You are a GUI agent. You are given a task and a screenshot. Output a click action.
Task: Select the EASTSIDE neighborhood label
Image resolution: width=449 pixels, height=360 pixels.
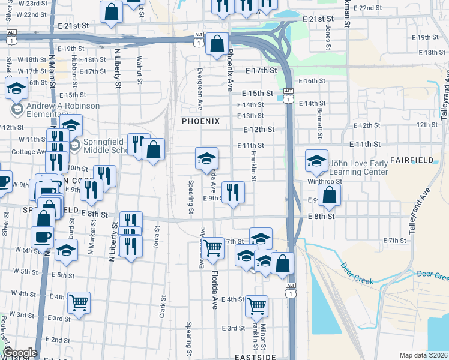tap(255, 356)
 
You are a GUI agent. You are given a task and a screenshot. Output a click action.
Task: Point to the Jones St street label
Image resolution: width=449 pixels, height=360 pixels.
tap(328, 37)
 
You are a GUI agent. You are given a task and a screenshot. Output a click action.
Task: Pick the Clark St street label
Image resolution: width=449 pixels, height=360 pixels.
tap(163, 305)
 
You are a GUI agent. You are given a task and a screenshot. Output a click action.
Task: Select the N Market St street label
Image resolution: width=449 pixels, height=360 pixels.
tap(94, 232)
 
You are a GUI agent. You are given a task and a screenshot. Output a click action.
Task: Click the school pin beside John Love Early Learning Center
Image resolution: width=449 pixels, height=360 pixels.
tap(316, 160)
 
